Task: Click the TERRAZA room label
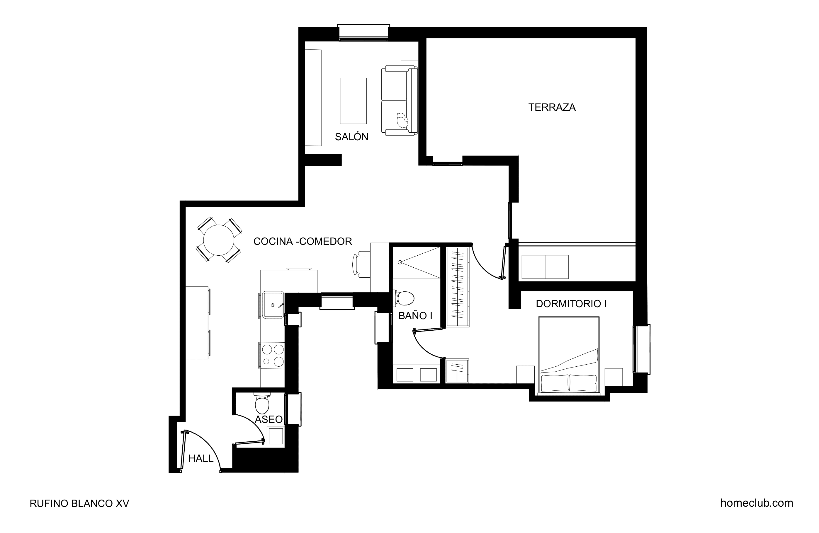click(x=552, y=107)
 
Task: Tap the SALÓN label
click(x=351, y=137)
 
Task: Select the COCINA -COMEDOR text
click(x=303, y=241)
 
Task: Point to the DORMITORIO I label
click(x=571, y=304)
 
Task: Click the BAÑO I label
click(x=415, y=316)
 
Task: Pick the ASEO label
click(x=269, y=419)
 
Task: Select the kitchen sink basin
click(x=273, y=305)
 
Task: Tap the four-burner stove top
click(x=273, y=356)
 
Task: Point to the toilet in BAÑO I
click(x=404, y=298)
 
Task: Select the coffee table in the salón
click(x=353, y=101)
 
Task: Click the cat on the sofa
click(x=402, y=120)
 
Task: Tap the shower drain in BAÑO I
click(x=400, y=262)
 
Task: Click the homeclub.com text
click(x=756, y=503)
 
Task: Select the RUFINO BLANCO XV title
click(x=79, y=503)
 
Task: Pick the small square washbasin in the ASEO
click(x=276, y=436)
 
